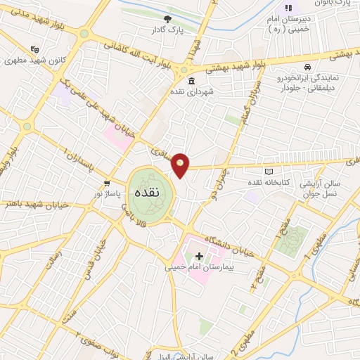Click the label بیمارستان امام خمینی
pyautogui.click(x=198, y=267)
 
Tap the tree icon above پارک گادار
pyautogui.click(x=167, y=19)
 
